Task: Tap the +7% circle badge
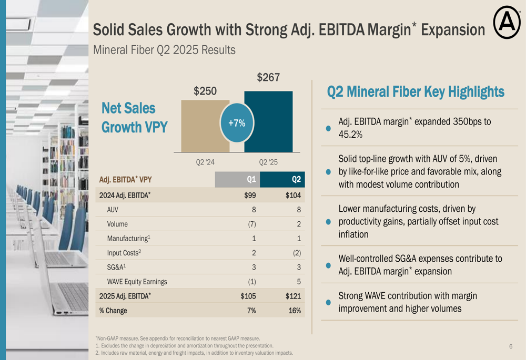(x=237, y=123)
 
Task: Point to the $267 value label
(x=268, y=78)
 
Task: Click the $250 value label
(x=205, y=91)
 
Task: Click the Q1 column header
(x=251, y=180)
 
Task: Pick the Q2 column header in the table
(x=296, y=180)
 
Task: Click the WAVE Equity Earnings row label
(x=137, y=281)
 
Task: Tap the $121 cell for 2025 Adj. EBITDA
(x=293, y=296)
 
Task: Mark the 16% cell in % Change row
(x=295, y=311)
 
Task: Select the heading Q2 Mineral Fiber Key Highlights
(x=416, y=92)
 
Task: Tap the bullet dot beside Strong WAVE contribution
(x=328, y=302)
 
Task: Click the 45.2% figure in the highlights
(x=350, y=135)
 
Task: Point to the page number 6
(x=510, y=346)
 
